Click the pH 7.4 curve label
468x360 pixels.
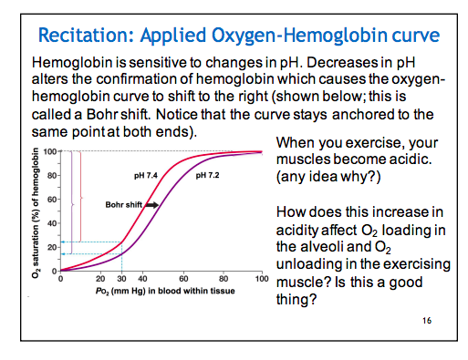click(148, 174)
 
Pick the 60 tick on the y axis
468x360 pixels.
click(51, 199)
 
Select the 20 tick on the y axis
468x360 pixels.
click(51, 246)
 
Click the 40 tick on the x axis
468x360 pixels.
click(141, 279)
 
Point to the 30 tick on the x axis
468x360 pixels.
click(120, 279)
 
